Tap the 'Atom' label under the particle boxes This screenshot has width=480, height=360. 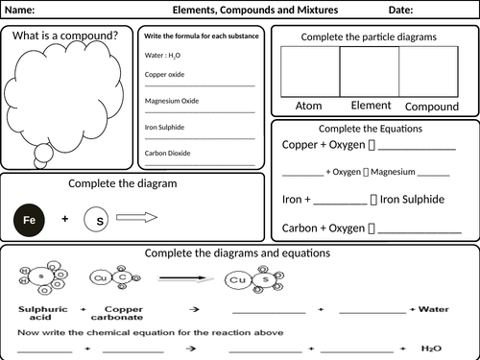click(x=309, y=106)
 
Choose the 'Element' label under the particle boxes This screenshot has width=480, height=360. click(x=370, y=104)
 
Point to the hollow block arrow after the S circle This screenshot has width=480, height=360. click(x=136, y=219)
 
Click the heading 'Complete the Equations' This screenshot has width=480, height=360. click(x=374, y=129)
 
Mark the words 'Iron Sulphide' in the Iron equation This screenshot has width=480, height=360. click(x=414, y=200)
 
